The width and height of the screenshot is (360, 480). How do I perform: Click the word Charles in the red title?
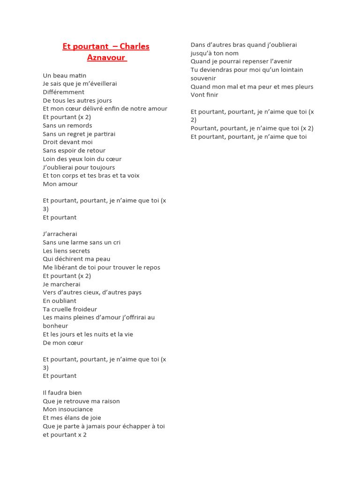pos(135,46)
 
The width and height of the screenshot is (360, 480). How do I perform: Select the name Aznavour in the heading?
pos(106,58)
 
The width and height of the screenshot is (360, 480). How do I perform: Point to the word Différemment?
pos(64,92)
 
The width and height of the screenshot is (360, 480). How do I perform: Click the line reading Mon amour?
pos(60,184)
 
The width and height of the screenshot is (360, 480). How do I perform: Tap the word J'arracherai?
pos(60,234)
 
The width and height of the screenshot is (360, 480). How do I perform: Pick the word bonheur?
pos(55,326)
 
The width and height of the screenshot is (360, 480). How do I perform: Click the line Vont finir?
pos(204,95)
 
